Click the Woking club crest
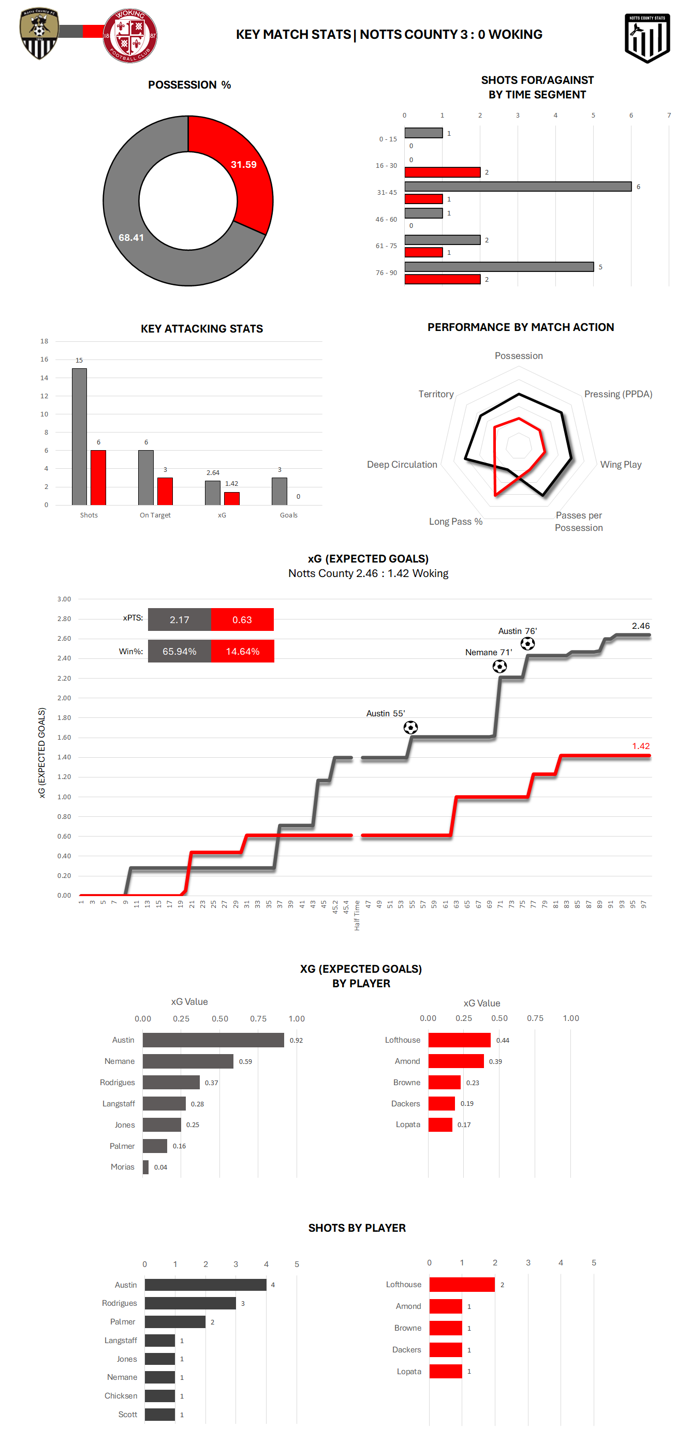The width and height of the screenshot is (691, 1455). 130,36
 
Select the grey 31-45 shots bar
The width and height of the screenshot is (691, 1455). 518,186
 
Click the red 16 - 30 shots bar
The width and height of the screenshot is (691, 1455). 442,172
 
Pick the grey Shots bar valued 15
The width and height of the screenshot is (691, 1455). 79,437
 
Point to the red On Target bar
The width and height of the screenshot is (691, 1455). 165,491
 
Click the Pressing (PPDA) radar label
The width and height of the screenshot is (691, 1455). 618,394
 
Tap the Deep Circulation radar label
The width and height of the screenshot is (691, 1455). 402,464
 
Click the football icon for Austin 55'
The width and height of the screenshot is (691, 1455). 410,727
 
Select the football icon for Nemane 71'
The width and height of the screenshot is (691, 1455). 499,667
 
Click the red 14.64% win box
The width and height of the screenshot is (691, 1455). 242,651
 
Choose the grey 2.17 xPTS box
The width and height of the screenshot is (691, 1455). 180,620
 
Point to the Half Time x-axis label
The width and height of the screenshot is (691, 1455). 357,916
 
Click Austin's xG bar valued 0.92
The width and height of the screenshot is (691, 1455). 213,1040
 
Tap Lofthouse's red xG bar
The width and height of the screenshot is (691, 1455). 459,1040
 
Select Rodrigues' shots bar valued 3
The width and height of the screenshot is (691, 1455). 190,1303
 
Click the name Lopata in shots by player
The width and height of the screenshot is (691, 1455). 409,1372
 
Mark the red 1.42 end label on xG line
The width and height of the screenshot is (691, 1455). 641,746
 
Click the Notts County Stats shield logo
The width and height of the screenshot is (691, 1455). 647,37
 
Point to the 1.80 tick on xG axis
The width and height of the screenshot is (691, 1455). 64,718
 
